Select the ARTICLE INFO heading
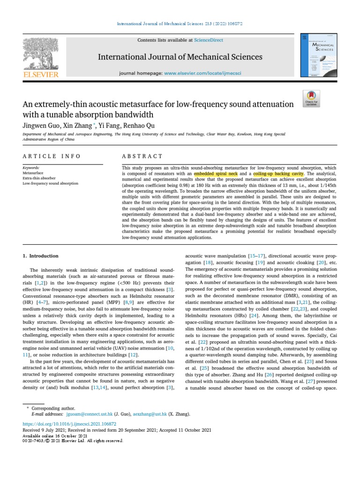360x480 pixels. pos(52,156)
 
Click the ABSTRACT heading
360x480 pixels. pos(142,156)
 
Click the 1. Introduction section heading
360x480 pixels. pos(41,256)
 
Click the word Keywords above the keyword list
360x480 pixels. pos(31,167)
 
